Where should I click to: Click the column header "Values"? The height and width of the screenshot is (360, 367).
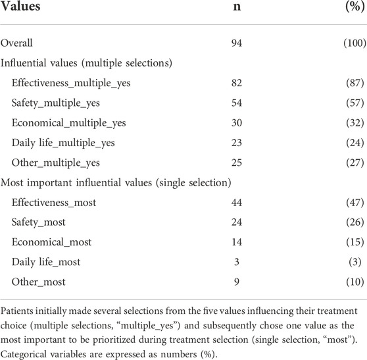(20, 6)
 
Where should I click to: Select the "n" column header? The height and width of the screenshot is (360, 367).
(237, 7)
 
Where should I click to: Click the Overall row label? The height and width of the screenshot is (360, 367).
(16, 43)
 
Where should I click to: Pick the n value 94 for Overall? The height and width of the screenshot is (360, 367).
(237, 43)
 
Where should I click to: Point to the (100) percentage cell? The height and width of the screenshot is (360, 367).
(355, 43)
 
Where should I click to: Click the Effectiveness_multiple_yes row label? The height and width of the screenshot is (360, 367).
(71, 83)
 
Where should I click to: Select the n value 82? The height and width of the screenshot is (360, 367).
(237, 83)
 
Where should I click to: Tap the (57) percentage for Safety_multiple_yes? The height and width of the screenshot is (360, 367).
(355, 103)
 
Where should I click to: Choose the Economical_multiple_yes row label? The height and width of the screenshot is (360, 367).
(69, 123)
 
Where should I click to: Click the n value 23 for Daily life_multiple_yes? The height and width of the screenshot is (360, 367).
(237, 143)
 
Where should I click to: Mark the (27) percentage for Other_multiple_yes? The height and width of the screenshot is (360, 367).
(355, 163)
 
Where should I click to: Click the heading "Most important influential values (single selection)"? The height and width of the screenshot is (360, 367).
(116, 183)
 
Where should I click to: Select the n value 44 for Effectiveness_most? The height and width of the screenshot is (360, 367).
(237, 202)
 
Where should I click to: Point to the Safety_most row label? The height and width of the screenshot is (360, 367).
(39, 222)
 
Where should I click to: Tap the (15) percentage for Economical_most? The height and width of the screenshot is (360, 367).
(355, 242)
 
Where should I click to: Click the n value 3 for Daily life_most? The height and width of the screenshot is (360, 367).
(237, 262)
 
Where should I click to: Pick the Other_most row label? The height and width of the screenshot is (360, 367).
(39, 282)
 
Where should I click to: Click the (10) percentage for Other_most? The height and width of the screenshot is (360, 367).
(355, 282)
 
